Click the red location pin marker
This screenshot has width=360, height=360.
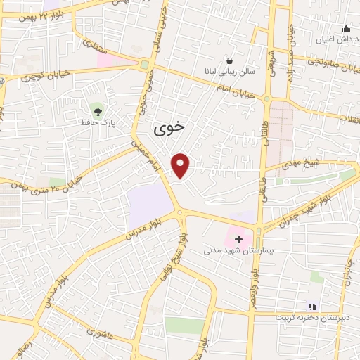coord(181,165)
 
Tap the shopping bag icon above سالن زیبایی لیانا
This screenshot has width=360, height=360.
coord(230,60)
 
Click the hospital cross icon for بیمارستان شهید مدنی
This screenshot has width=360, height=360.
coord(238,239)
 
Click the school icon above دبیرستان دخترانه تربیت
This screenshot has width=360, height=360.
coord(312,307)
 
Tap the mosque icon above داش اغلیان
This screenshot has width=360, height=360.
coord(346,29)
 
